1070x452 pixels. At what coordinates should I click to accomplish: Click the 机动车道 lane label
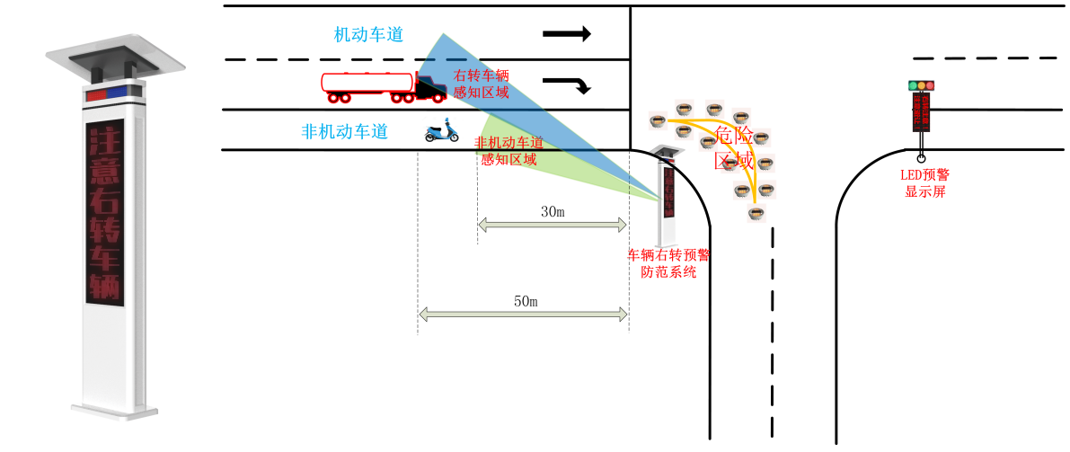(368, 35)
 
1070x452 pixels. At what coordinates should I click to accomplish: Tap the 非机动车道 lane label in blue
(344, 131)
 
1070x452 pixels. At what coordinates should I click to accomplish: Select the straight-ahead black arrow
(566, 34)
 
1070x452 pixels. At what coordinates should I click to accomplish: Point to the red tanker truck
(382, 85)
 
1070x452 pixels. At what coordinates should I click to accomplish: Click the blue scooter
(441, 131)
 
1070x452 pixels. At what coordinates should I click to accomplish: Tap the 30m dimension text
(552, 212)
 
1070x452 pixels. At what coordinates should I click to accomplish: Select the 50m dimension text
(525, 301)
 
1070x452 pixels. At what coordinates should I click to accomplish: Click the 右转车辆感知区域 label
(482, 84)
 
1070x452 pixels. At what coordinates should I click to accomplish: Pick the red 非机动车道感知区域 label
(508, 151)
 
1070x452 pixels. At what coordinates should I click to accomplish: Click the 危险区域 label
(733, 148)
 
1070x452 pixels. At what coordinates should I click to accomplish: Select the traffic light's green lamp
(913, 86)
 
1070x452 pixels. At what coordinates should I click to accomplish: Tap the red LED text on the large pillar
(104, 212)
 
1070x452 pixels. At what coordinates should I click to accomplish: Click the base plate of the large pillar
(115, 412)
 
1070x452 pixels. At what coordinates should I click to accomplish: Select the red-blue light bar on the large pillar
(114, 93)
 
